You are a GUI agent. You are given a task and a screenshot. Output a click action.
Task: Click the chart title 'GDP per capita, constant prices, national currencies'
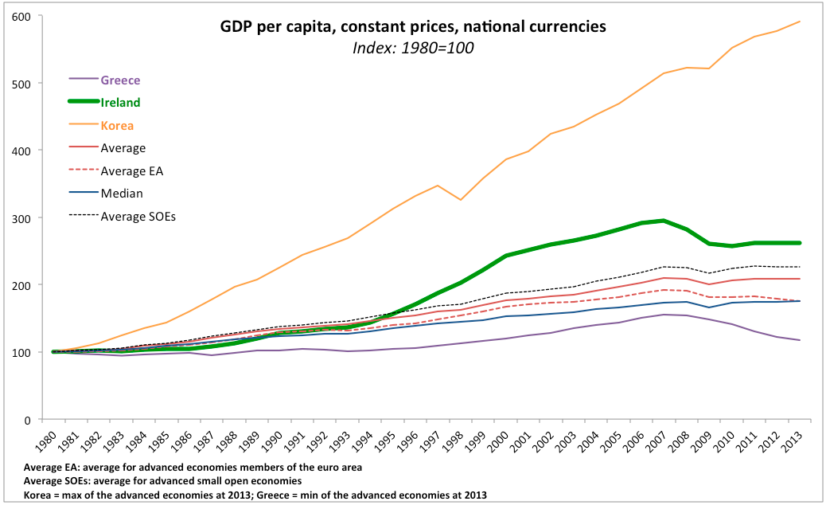pos(413,27)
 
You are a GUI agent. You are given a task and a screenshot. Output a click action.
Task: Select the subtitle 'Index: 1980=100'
pos(413,47)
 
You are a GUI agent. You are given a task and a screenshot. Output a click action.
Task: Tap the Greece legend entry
pos(120,80)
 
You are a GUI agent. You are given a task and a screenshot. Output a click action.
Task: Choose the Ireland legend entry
pos(120,102)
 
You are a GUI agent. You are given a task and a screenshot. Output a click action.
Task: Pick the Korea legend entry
pos(117,125)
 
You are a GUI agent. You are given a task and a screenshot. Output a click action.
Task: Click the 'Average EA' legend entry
pos(131,170)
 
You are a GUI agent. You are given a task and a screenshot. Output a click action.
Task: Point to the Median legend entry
pos(122,192)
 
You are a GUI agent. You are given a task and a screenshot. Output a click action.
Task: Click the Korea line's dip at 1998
pos(459,199)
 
